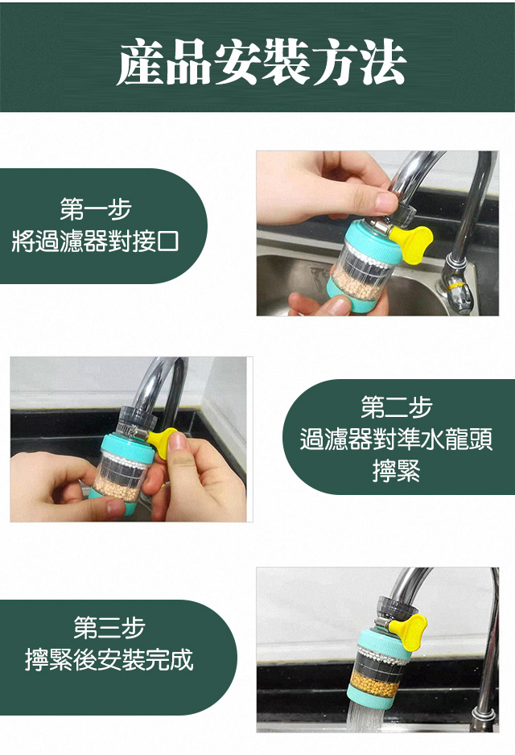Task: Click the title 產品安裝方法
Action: pyautogui.click(x=262, y=61)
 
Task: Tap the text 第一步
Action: pyautogui.click(x=96, y=209)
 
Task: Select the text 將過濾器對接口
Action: pyautogui.click(x=95, y=241)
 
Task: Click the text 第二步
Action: pyautogui.click(x=397, y=406)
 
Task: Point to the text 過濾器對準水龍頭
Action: pyautogui.click(x=396, y=439)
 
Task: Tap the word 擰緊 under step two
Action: pyautogui.click(x=397, y=471)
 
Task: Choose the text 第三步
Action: pyautogui.click(x=109, y=627)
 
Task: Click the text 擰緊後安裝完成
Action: pyautogui.click(x=109, y=660)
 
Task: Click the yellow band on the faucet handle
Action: pyautogui.click(x=455, y=287)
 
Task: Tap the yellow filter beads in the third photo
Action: pyautogui.click(x=374, y=683)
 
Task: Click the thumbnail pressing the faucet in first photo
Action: pyautogui.click(x=385, y=202)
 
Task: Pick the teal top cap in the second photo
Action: pyautogui.click(x=126, y=445)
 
